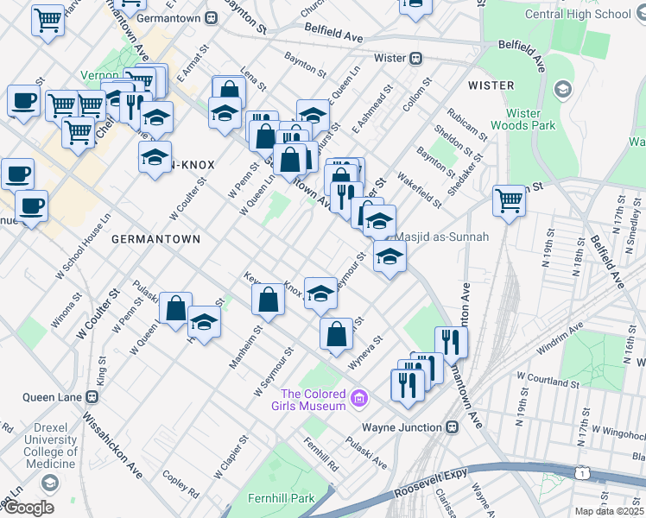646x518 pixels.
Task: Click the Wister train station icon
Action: click(x=415, y=59)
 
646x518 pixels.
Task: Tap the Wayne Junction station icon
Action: click(x=452, y=427)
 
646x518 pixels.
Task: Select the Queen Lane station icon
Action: click(x=92, y=397)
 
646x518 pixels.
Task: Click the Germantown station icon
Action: click(x=212, y=16)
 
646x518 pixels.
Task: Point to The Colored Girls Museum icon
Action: click(x=359, y=399)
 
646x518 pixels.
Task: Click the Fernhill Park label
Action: click(x=278, y=499)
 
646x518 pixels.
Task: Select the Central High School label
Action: click(x=591, y=14)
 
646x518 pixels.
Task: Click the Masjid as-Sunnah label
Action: click(x=441, y=237)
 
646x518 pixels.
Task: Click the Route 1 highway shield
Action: click(x=583, y=472)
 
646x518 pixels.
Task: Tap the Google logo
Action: click(x=28, y=508)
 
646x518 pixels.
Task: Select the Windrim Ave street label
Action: click(x=560, y=338)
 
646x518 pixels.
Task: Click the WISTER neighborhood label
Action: click(x=491, y=85)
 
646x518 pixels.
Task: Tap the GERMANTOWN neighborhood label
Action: click(x=155, y=238)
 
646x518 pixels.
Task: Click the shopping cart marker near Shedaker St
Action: click(x=510, y=201)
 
